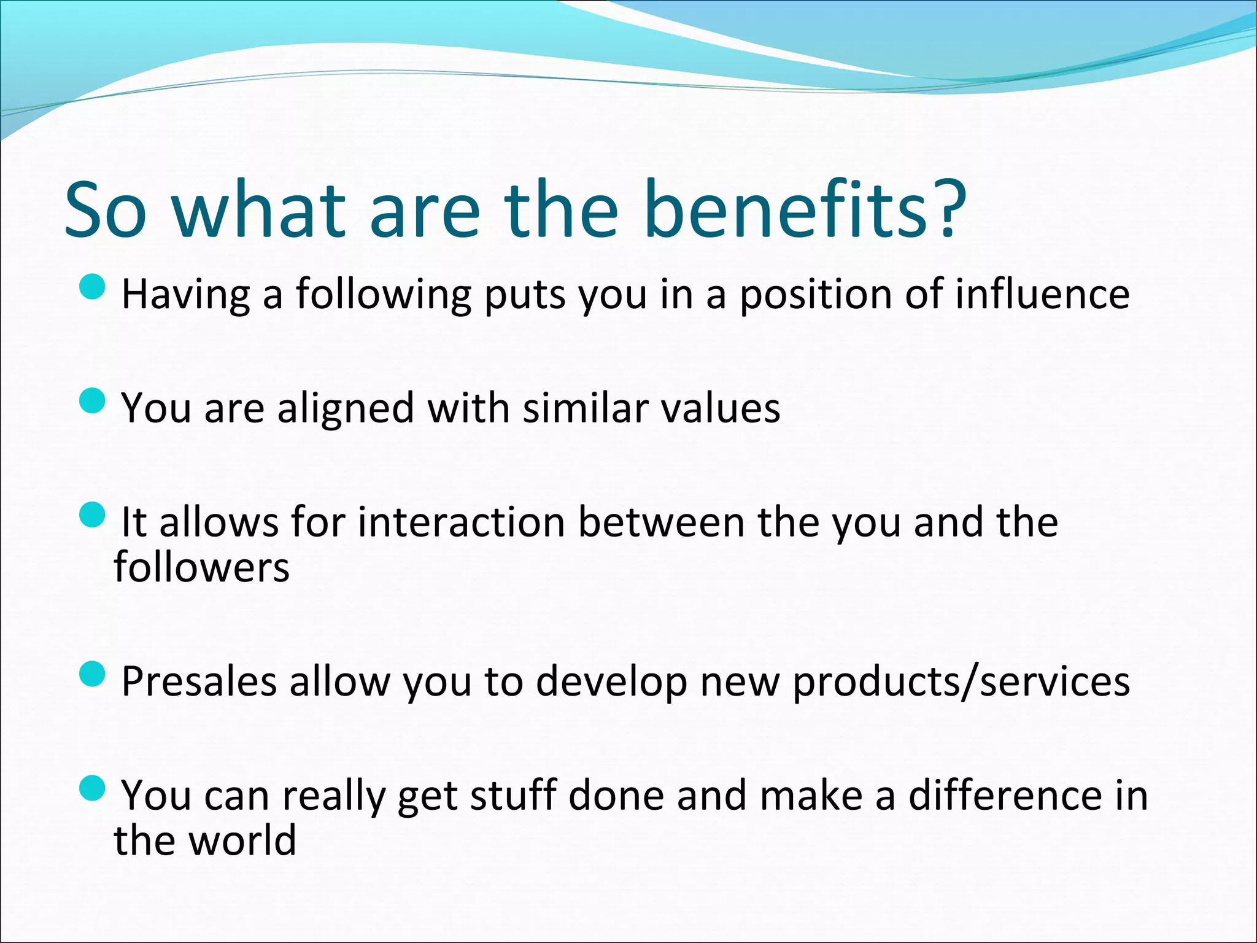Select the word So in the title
(x=106, y=210)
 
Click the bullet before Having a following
(x=93, y=287)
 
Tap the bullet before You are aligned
(x=93, y=400)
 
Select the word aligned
(x=346, y=408)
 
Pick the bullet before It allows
(x=93, y=514)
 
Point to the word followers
(x=201, y=567)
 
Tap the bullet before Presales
(x=93, y=674)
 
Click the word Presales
(x=199, y=681)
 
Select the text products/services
(x=961, y=681)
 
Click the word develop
(x=611, y=683)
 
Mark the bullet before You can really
(x=93, y=788)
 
